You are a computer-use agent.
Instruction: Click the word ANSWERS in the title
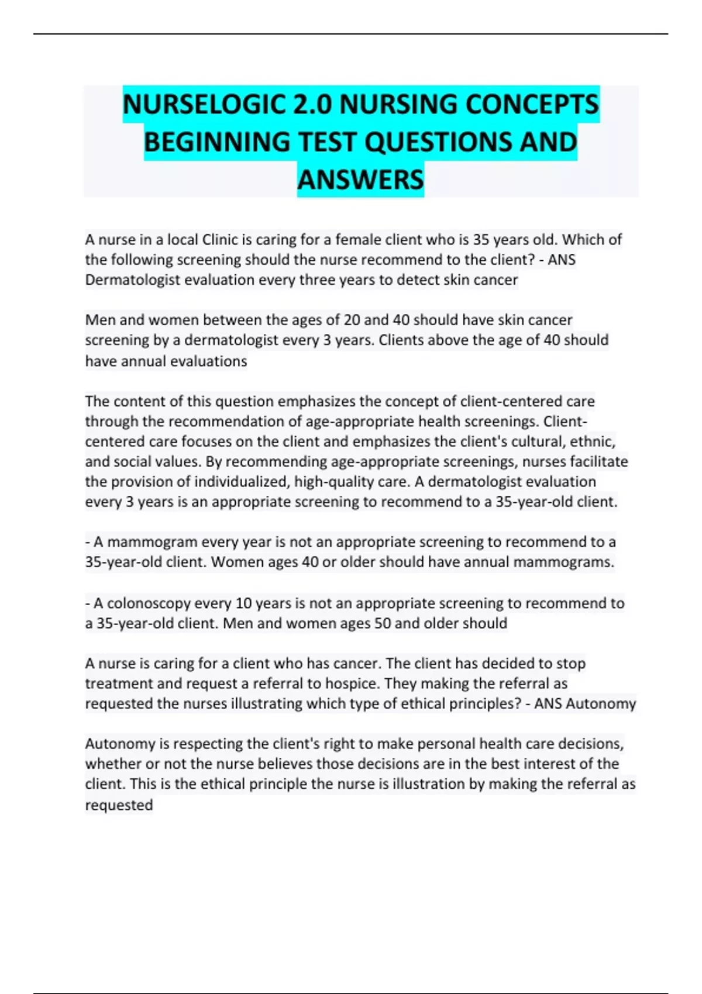(x=360, y=180)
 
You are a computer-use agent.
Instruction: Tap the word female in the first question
(x=356, y=240)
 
